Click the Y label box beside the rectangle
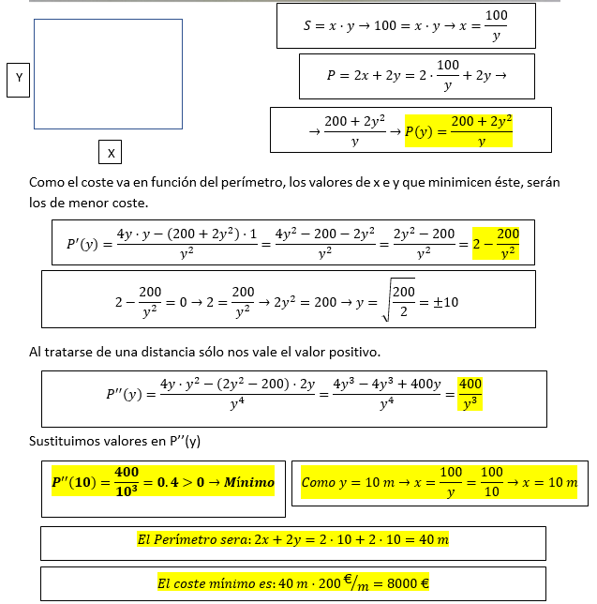tap(19, 80)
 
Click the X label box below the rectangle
tap(111, 152)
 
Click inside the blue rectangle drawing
tap(108, 74)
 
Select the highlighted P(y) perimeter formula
tap(458, 131)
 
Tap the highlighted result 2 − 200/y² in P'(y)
tap(496, 244)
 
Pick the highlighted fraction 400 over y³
tap(470, 394)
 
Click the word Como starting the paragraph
tap(46, 183)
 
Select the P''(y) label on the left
tap(123, 395)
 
